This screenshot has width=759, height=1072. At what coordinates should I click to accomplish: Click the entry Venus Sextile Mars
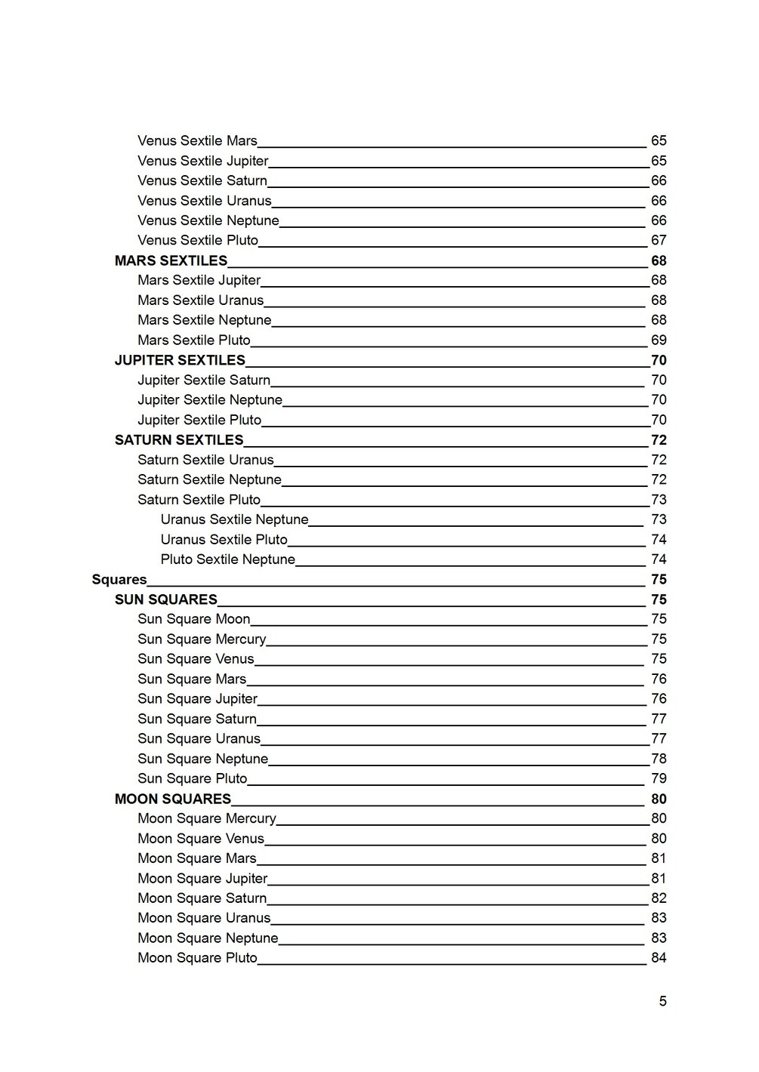pyautogui.click(x=197, y=141)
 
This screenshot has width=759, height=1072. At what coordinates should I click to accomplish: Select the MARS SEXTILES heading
pyautogui.click(x=171, y=260)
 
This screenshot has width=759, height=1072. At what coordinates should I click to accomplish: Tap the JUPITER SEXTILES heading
pyautogui.click(x=180, y=360)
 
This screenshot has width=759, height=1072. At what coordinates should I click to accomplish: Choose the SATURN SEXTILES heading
pyautogui.click(x=179, y=440)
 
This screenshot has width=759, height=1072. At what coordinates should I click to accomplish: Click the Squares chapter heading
pyautogui.click(x=119, y=580)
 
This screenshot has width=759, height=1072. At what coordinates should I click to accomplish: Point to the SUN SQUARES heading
pyautogui.click(x=166, y=599)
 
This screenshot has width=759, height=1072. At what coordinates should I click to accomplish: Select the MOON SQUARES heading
pyautogui.click(x=173, y=799)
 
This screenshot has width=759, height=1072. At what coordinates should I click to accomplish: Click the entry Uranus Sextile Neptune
pyautogui.click(x=234, y=519)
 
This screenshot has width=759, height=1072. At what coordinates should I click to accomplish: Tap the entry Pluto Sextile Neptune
pyautogui.click(x=227, y=559)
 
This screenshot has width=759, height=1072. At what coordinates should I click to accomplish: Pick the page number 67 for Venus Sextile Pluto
pyautogui.click(x=659, y=240)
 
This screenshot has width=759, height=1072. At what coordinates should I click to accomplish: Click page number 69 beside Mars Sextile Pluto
pyautogui.click(x=659, y=340)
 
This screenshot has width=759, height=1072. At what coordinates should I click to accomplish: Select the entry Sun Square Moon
pyautogui.click(x=193, y=619)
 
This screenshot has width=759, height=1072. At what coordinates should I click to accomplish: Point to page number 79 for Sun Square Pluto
pyautogui.click(x=659, y=778)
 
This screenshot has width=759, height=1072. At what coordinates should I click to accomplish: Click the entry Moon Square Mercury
pyautogui.click(x=207, y=818)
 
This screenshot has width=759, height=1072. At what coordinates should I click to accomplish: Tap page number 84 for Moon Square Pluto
pyautogui.click(x=659, y=958)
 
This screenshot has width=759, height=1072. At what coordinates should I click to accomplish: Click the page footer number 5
pyautogui.click(x=662, y=1002)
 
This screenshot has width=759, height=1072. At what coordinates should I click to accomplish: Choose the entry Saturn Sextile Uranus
pyautogui.click(x=205, y=460)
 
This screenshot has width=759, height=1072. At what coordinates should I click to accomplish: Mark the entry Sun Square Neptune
pyautogui.click(x=202, y=759)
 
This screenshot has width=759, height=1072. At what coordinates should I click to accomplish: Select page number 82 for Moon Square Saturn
pyautogui.click(x=659, y=898)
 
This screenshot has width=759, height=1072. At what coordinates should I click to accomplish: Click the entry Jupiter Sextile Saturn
pyautogui.click(x=204, y=380)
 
